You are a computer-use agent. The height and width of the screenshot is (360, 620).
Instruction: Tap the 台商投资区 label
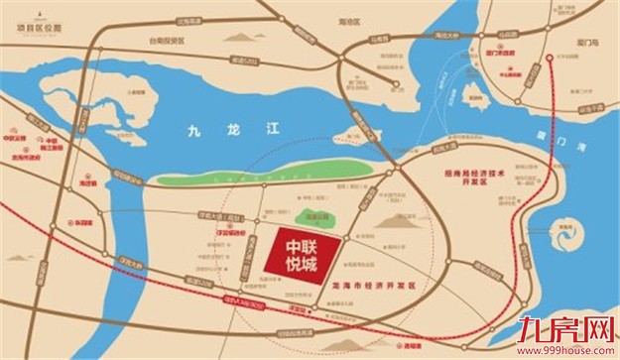[x=163, y=42]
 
